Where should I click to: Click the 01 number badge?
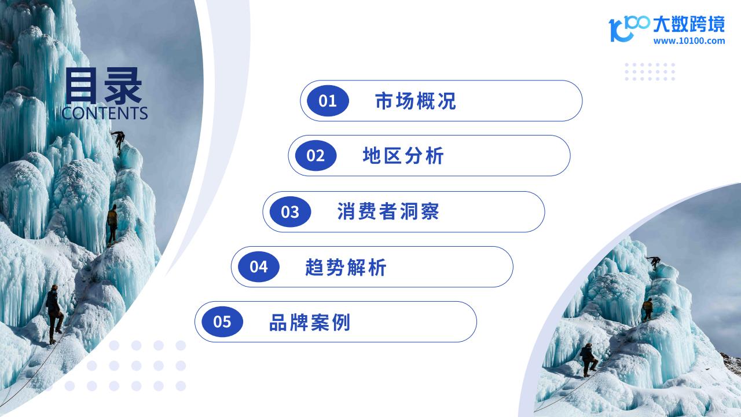328,101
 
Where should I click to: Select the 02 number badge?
316,156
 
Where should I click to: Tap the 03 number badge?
290,212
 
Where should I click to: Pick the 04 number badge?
259,267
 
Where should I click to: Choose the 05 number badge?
222,321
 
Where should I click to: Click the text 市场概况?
416,101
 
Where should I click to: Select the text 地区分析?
403,156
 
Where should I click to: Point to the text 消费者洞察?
388,211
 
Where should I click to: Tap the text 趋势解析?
346,267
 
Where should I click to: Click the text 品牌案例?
310,323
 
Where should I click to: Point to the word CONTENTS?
105,113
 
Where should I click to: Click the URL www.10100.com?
689,41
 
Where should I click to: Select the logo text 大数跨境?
689,24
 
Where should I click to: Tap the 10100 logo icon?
629,28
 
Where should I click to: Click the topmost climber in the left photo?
119,141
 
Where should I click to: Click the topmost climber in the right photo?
654,262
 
